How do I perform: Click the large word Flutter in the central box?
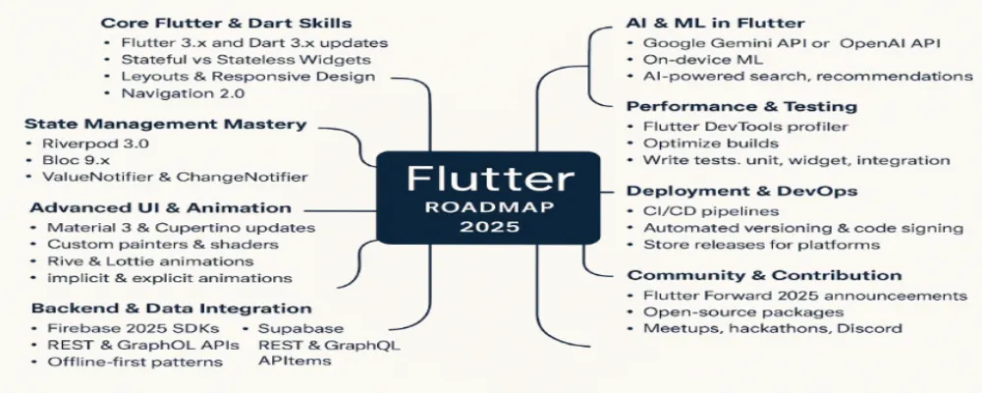pyautogui.click(x=489, y=180)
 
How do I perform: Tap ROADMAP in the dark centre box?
pyautogui.click(x=489, y=208)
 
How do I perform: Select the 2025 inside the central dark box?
pyautogui.click(x=489, y=228)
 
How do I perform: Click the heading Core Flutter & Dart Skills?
pyautogui.click(x=227, y=22)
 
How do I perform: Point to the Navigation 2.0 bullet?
pyautogui.click(x=183, y=93)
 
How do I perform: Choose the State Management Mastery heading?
pyautogui.click(x=165, y=124)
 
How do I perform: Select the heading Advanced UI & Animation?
pyautogui.click(x=160, y=208)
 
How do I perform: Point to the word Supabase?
pyautogui.click(x=301, y=327)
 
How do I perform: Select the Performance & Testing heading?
pyautogui.click(x=741, y=106)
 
